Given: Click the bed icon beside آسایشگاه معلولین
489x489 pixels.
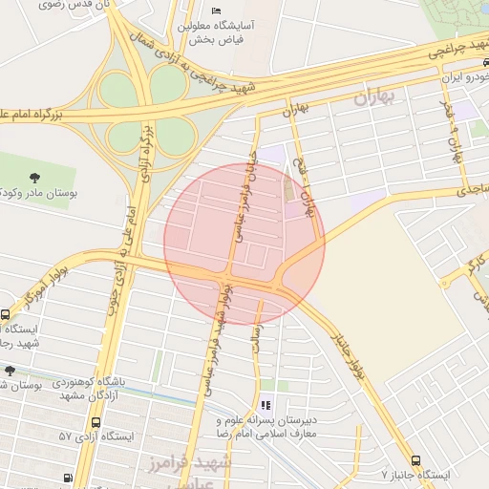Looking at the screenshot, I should (x=216, y=11).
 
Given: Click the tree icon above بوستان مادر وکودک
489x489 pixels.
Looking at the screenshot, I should (x=35, y=178).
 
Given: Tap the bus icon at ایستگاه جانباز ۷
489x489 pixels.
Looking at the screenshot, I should (x=415, y=459).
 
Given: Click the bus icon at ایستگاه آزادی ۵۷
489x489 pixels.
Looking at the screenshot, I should (x=68, y=478).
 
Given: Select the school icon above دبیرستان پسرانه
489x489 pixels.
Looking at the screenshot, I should (x=265, y=406).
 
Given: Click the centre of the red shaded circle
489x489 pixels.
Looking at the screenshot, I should (x=244, y=244).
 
